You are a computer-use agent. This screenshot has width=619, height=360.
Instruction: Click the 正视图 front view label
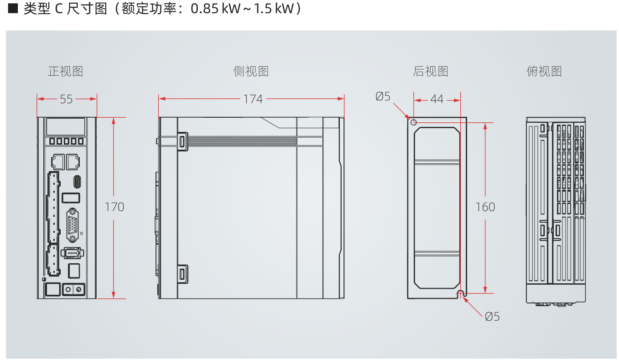pyautogui.click(x=66, y=71)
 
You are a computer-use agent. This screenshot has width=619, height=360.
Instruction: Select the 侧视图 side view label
pyautogui.click(x=251, y=71)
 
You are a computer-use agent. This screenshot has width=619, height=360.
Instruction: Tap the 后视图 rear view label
pyautogui.click(x=431, y=71)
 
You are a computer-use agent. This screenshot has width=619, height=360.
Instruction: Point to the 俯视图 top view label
pyautogui.click(x=544, y=71)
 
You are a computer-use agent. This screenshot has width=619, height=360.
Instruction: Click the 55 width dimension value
pyautogui.click(x=67, y=99)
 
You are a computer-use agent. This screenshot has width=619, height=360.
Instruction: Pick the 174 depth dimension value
pyautogui.click(x=253, y=99)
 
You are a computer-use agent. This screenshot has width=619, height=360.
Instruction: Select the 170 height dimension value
pyautogui.click(x=114, y=207)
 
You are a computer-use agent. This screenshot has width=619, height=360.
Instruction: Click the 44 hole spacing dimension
pyautogui.click(x=437, y=99)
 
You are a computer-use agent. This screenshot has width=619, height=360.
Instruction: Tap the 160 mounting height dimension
pyautogui.click(x=485, y=207)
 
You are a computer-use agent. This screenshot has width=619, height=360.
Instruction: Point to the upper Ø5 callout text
pyautogui.click(x=383, y=96)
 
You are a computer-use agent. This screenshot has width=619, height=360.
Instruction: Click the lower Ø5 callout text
pyautogui.click(x=492, y=316)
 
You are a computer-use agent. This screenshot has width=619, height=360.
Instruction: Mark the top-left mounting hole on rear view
pyautogui.click(x=414, y=122)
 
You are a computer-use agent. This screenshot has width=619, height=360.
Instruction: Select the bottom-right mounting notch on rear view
pyautogui.click(x=461, y=293)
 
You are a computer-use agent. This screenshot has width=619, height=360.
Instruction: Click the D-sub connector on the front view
pyautogui.click(x=73, y=224)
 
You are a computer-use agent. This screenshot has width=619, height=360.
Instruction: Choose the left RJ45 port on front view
pyautogui.click(x=58, y=161)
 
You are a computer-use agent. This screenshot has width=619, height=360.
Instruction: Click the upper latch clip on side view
pyautogui.click(x=182, y=141)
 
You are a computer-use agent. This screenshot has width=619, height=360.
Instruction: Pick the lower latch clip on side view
pyautogui.click(x=182, y=274)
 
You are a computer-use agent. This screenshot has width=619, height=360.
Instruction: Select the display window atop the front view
pyautogui.click(x=66, y=126)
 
